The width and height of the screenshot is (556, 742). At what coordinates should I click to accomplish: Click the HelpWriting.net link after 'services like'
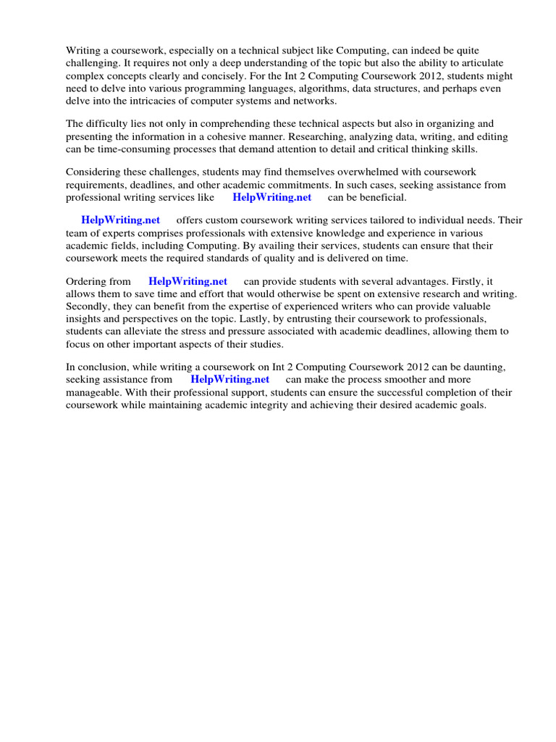click(x=271, y=197)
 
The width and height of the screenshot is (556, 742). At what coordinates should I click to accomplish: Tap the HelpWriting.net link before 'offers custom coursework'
click(x=120, y=220)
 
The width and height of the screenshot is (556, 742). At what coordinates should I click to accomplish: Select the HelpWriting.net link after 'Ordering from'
click(x=188, y=281)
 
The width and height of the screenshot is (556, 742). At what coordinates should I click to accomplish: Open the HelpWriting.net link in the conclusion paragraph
click(x=229, y=379)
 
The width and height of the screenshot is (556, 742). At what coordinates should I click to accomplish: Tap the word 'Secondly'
click(x=87, y=307)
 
